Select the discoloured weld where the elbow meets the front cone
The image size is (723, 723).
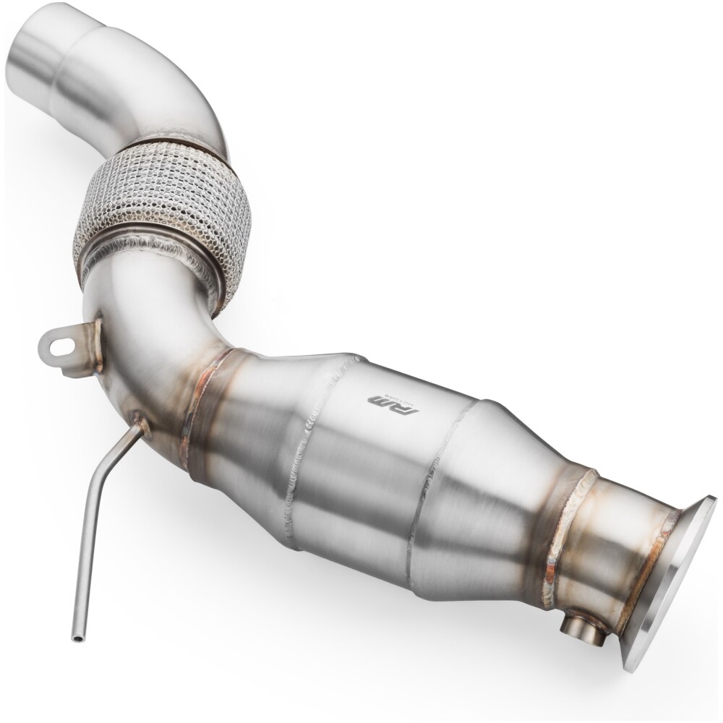[x=206, y=416]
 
